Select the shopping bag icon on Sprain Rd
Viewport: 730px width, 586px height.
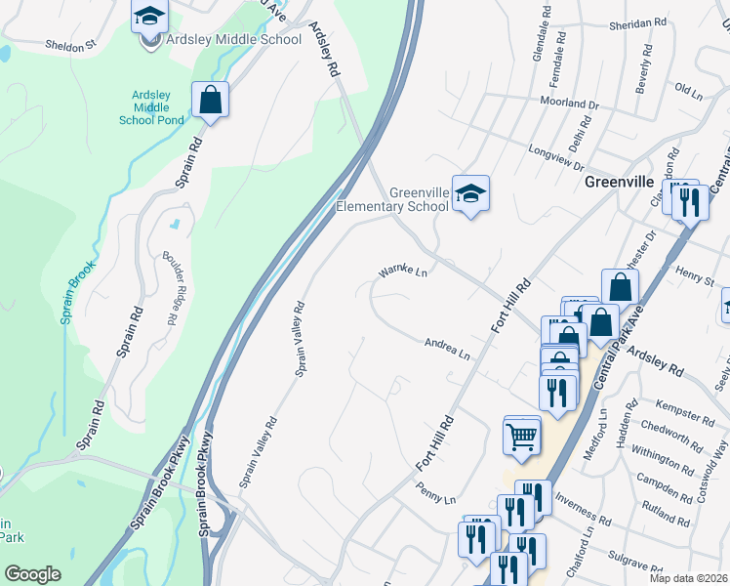(210, 99)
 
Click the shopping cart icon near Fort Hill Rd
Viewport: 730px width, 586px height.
(522, 435)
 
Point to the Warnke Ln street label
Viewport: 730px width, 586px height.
(404, 271)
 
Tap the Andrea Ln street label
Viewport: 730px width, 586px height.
(448, 348)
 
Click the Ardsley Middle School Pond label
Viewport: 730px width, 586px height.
(151, 107)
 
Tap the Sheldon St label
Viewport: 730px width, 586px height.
(71, 44)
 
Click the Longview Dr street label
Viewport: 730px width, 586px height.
(555, 149)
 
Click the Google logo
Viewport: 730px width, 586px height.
(32, 574)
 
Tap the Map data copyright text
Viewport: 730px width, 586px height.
(689, 578)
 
